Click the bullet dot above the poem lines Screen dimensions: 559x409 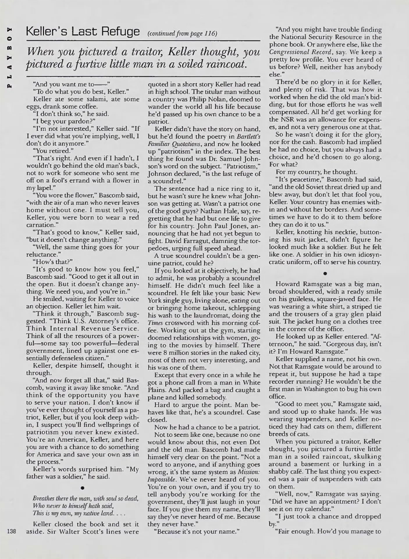[x=83, y=488]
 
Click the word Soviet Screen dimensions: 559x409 [x=316, y=187]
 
